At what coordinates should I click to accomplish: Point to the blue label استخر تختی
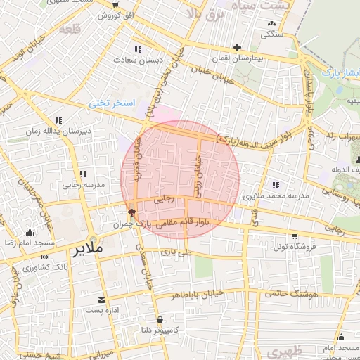pyautogui.click(x=110, y=103)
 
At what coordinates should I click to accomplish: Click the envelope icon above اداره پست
pyautogui.click(x=103, y=300)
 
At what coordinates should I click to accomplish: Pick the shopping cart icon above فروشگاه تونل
pyautogui.click(x=295, y=236)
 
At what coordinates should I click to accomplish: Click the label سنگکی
pyautogui.click(x=272, y=33)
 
